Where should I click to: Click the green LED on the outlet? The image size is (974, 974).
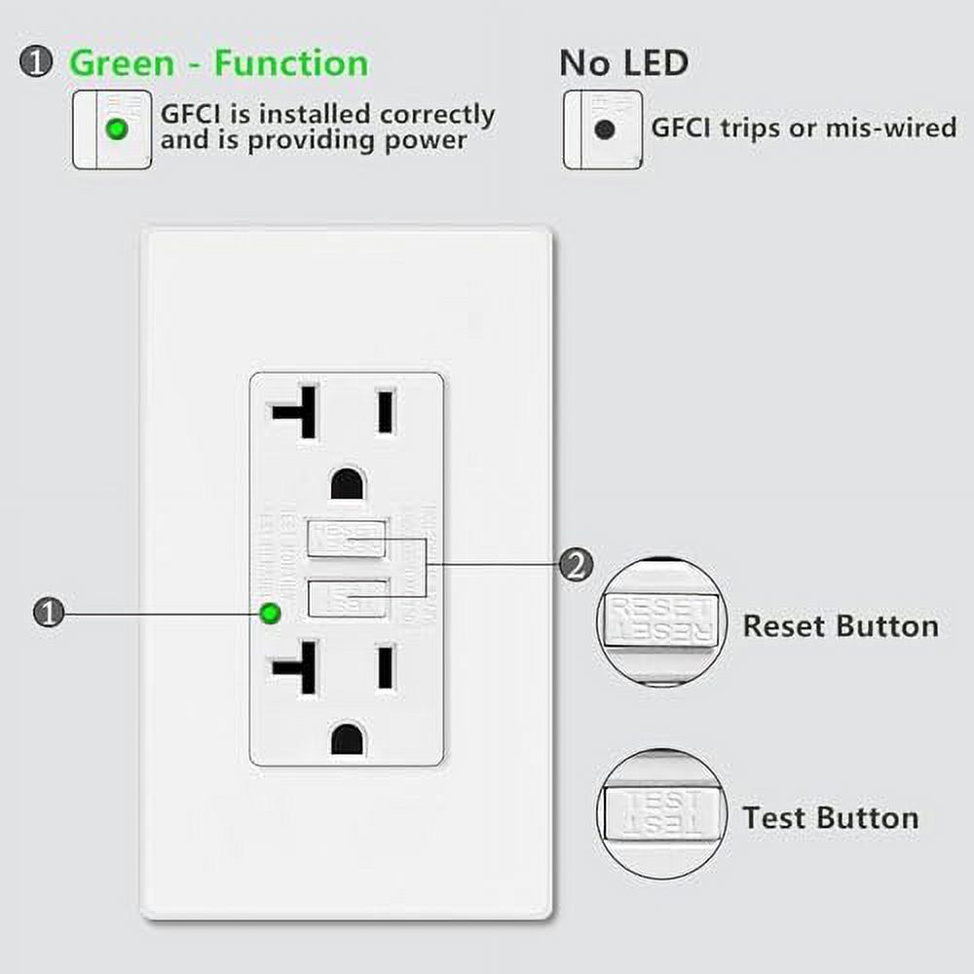[x=270, y=613]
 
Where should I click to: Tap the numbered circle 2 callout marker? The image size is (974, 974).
[x=575, y=564]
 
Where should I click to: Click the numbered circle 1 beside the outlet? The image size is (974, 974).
[x=48, y=613]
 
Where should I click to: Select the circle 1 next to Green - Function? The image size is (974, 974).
[x=37, y=63]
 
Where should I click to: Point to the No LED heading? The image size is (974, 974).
[x=623, y=63]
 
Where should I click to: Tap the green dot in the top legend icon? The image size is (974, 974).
[x=117, y=130]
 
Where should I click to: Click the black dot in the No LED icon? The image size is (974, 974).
[x=605, y=130]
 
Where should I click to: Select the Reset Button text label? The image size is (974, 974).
[x=841, y=625]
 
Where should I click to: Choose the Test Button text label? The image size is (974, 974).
[x=831, y=817]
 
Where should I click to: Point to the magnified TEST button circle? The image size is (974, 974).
[x=661, y=814]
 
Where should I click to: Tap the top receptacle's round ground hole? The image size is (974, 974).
[x=347, y=483]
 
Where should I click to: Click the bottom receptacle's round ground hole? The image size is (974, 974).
[x=347, y=739]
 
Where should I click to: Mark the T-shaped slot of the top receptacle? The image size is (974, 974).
[x=297, y=410]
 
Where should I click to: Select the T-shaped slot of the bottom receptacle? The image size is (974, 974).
[x=297, y=667]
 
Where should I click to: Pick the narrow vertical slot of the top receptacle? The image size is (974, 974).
[x=387, y=410]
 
